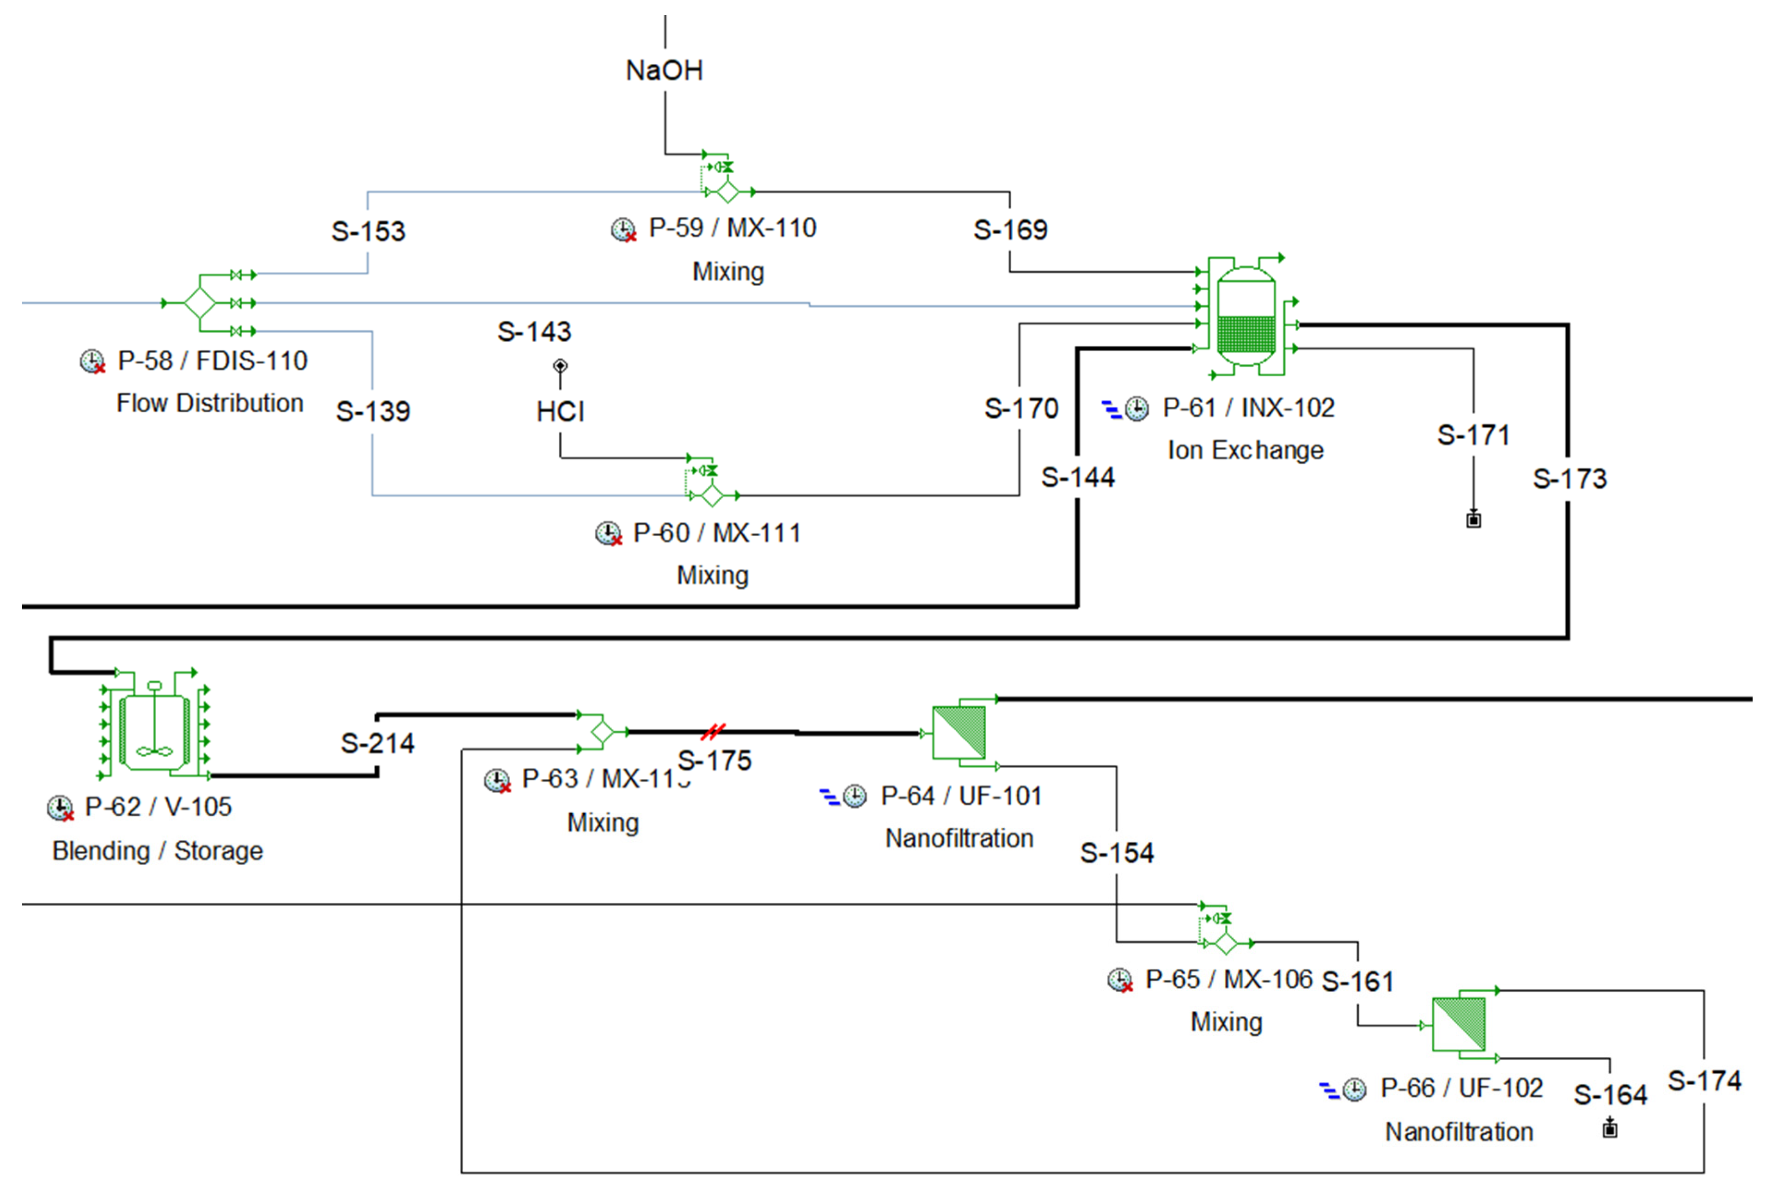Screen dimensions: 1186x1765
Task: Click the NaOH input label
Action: click(664, 70)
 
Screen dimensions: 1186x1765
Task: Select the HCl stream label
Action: click(560, 411)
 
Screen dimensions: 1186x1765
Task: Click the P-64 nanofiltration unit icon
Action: click(958, 732)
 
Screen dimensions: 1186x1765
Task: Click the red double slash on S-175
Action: click(712, 731)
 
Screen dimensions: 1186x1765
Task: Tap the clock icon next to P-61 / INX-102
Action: click(1136, 409)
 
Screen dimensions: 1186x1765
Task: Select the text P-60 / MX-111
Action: click(716, 532)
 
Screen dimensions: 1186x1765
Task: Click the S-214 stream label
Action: click(377, 743)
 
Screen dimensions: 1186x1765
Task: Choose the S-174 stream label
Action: click(1704, 1080)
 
